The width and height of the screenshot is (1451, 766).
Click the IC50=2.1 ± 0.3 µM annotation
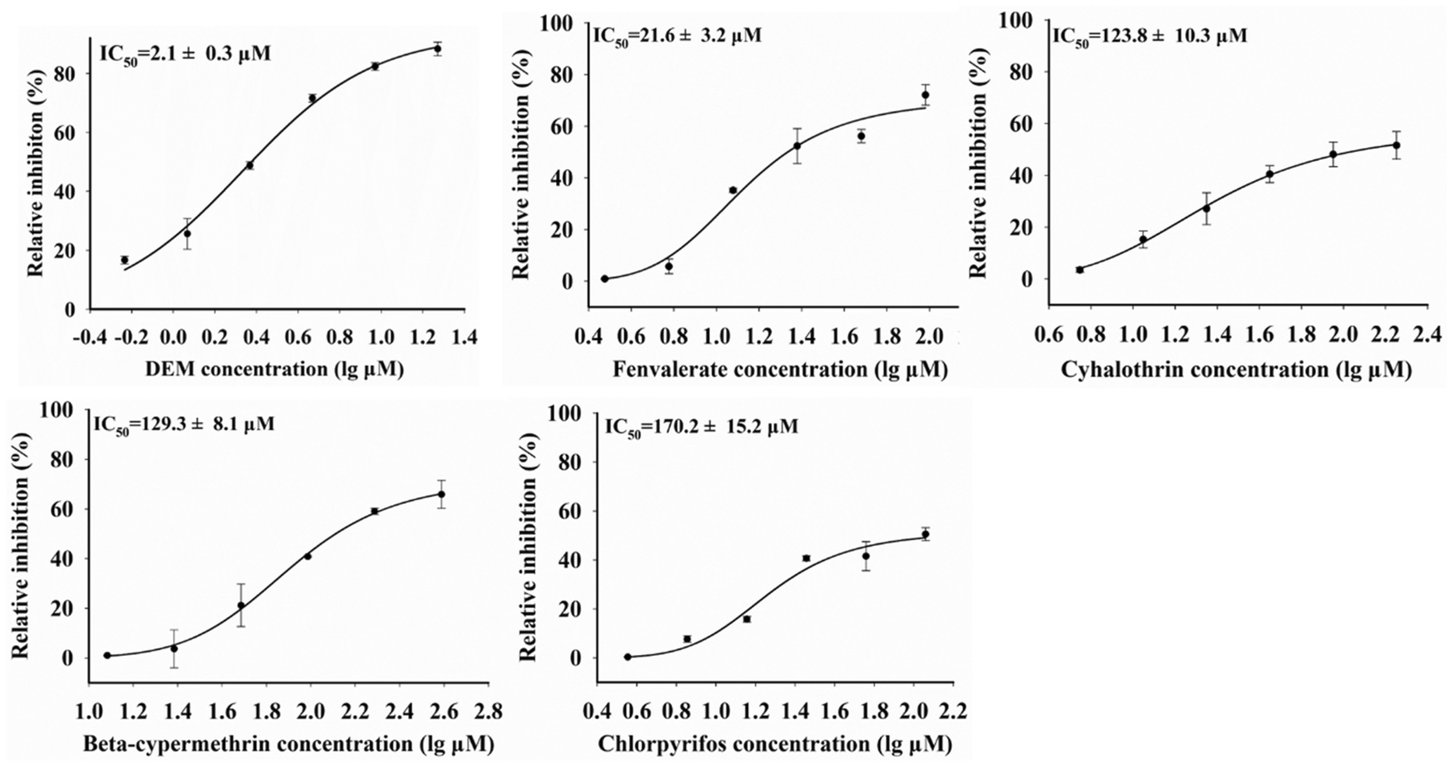point(185,53)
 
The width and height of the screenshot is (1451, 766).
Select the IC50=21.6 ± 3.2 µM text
point(676,35)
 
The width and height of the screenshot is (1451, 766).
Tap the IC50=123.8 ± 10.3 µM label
point(1149,35)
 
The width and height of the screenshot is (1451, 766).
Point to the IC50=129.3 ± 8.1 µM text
point(184,425)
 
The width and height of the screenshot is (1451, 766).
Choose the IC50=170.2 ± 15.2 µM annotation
point(701,426)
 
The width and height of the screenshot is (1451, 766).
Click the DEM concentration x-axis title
point(274,369)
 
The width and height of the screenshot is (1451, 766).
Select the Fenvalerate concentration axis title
point(780,370)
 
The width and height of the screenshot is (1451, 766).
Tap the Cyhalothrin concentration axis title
point(1235,370)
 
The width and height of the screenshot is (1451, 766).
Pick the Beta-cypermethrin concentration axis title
point(288,745)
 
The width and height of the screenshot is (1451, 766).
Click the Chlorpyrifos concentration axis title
point(775,745)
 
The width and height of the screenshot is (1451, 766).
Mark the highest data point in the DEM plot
point(437,49)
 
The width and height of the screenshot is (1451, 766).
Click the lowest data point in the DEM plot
point(124,260)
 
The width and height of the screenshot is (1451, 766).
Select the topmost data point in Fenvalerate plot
point(925,95)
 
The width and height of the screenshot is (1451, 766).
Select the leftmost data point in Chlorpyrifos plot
point(627,657)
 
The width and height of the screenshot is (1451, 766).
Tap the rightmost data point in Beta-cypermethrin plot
point(441,494)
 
